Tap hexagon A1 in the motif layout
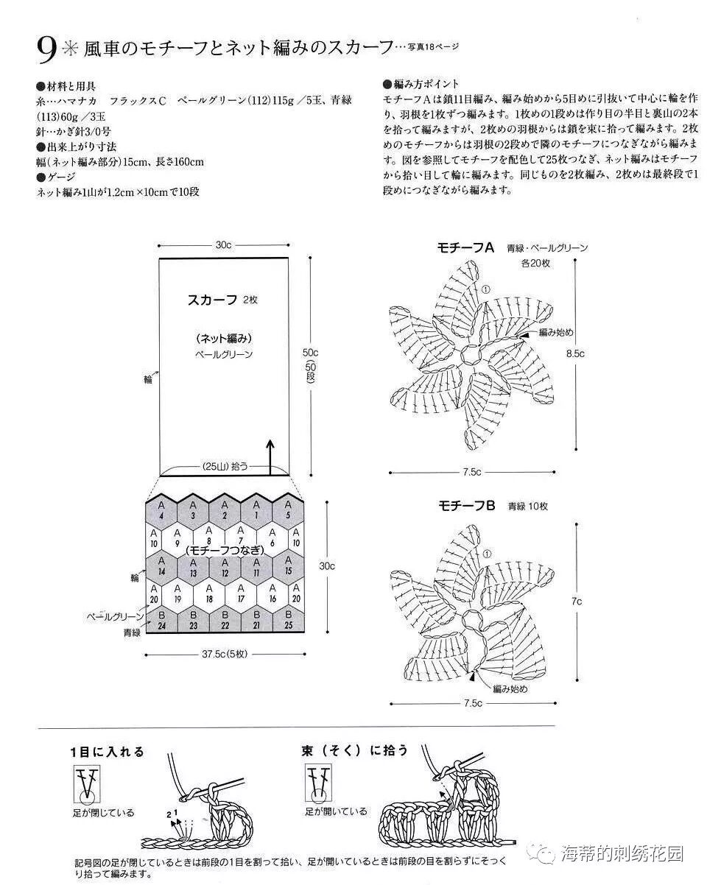[256, 510]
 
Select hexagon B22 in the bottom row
[225, 619]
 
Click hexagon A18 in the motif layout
[209, 593]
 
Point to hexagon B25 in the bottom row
[288, 619]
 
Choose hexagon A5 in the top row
[288, 510]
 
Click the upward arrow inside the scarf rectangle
[270, 456]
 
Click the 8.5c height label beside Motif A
[575, 353]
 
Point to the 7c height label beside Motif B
[577, 602]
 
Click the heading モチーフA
[466, 248]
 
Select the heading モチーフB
[467, 506]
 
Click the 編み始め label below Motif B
[510, 688]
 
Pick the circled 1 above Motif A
[485, 289]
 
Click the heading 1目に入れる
[107, 752]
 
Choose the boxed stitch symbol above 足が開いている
[319, 783]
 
